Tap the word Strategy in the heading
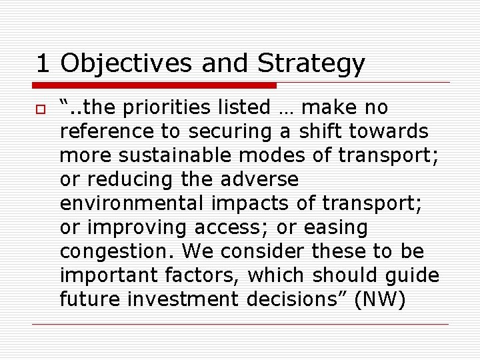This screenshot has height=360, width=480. click(311, 64)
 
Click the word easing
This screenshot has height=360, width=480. click(336, 228)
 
